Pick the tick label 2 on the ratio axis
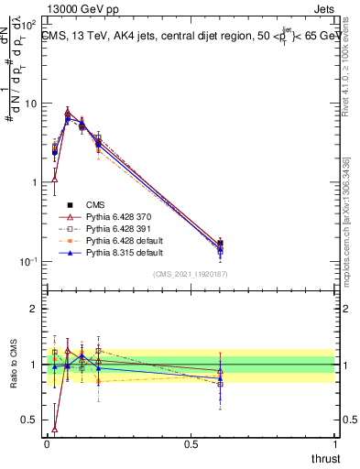(36, 309)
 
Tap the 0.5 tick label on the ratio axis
(30, 420)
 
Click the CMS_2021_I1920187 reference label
(191, 274)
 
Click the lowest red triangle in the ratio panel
(55, 428)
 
